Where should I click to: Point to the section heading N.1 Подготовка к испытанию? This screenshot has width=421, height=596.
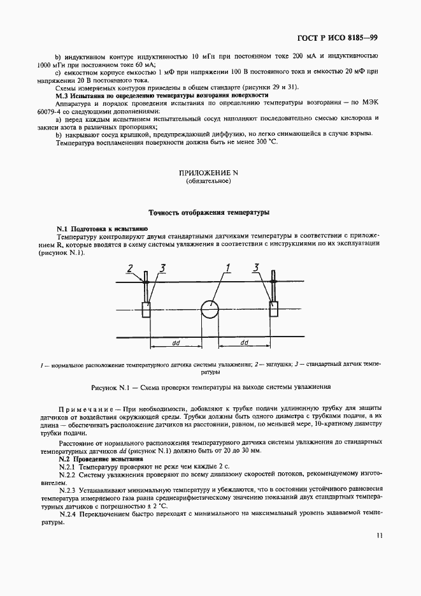pos(102,228)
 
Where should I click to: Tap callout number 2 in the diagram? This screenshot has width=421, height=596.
pos(130,268)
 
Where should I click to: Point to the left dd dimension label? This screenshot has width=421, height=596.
pos(176,343)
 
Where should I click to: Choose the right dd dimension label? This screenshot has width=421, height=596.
pos(244,343)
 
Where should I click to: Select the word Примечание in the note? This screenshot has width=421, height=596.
pos(86,407)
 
